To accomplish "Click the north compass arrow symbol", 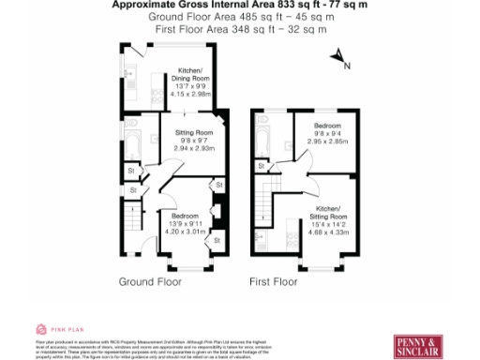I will pos(340,59).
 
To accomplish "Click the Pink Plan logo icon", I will pos(41,329).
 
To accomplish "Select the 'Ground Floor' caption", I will pos(148,280).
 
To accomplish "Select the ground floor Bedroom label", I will pos(184,212).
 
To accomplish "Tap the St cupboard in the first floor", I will pos(265,167).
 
